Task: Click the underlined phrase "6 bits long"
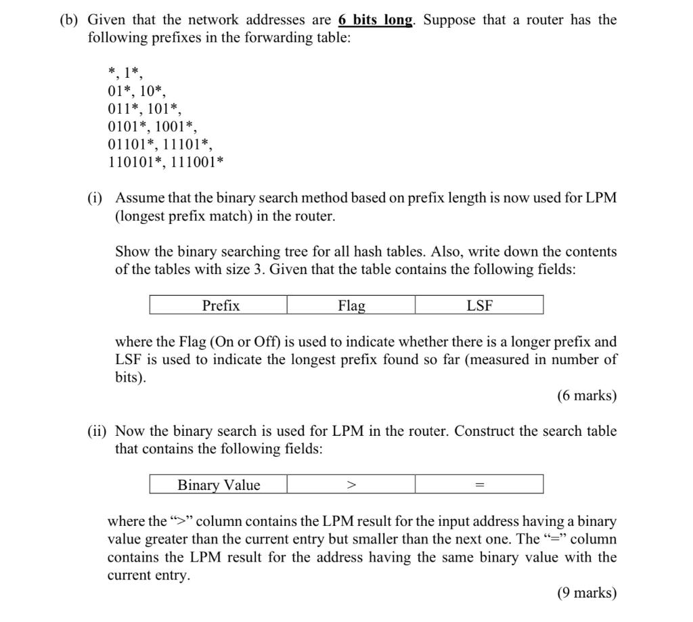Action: (x=375, y=20)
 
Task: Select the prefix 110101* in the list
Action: (x=133, y=162)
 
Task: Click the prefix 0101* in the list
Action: (x=128, y=127)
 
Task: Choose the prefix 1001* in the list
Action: (x=176, y=127)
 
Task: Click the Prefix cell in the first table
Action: (x=221, y=305)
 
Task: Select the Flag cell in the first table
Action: (x=351, y=305)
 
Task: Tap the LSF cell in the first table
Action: (x=479, y=305)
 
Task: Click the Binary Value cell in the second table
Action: (x=219, y=485)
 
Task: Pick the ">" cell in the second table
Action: (x=351, y=485)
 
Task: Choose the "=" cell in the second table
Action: (x=479, y=485)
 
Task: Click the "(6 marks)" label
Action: (x=587, y=396)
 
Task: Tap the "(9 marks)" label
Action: (x=587, y=593)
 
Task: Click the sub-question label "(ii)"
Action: (x=97, y=431)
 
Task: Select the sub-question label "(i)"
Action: (x=95, y=198)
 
